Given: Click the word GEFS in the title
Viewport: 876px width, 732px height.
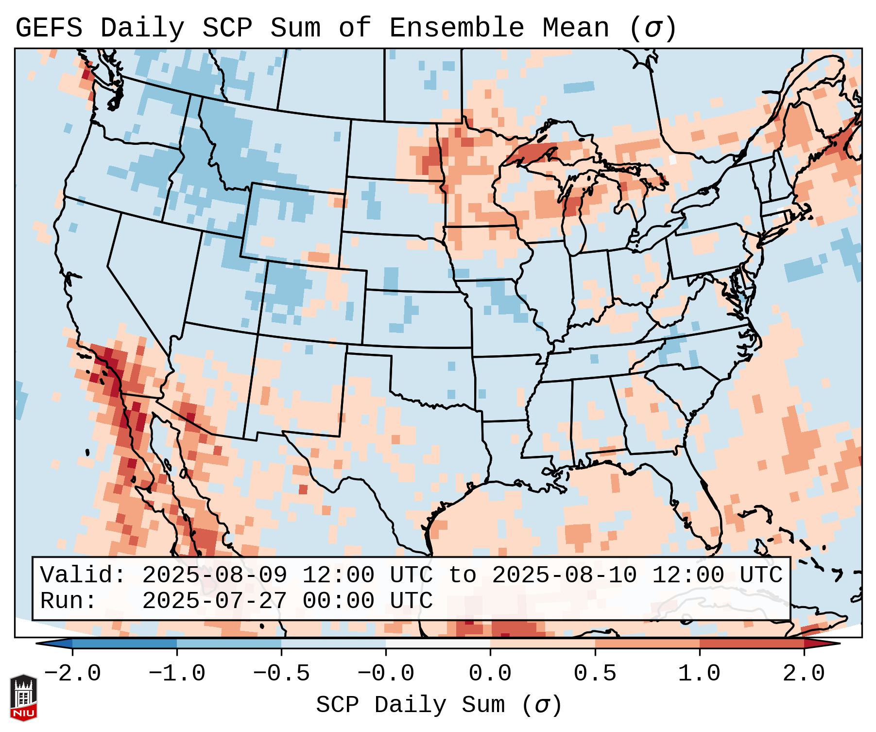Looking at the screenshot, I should coord(49,28).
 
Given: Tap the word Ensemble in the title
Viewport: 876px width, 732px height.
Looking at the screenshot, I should coord(456,28).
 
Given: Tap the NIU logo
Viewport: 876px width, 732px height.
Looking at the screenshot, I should coord(23,697).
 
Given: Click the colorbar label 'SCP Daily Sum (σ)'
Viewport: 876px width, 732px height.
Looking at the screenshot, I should coord(439,705).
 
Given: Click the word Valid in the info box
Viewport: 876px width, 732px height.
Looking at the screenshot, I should coord(83,575).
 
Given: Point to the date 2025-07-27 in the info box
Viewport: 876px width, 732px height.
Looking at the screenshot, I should coord(214,601).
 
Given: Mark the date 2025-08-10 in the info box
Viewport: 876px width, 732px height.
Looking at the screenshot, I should coord(564,575).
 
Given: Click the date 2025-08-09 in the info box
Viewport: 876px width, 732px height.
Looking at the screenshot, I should coord(214,575).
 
